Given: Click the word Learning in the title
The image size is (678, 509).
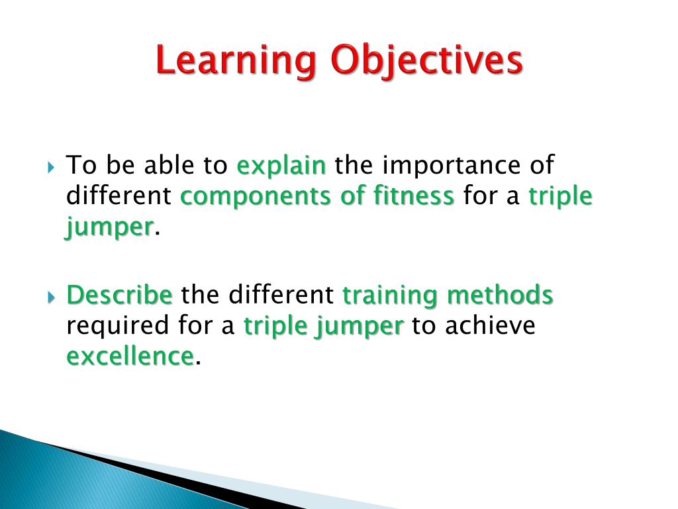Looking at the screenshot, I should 237,61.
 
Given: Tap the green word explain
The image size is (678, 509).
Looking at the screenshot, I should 281,166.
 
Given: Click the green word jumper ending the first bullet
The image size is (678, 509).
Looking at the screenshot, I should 110,227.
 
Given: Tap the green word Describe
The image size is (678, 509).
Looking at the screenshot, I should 120,295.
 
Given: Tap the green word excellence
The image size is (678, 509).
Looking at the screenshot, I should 130,357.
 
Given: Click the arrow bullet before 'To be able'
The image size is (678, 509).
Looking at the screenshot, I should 52,166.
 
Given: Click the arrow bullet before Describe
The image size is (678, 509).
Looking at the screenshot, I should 52,296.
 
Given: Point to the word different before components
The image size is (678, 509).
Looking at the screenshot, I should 119,196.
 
